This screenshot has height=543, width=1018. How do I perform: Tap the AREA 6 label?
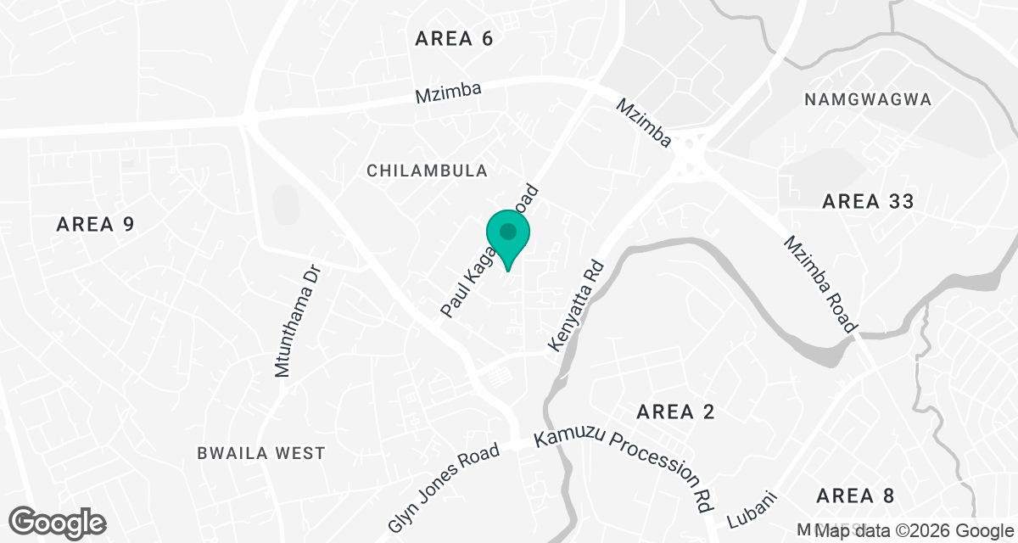[x=454, y=38]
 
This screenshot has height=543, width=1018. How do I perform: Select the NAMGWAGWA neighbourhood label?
[x=868, y=99]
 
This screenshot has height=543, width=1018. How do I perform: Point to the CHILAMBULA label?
[x=427, y=171]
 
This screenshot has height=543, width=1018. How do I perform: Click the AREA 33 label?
[x=868, y=201]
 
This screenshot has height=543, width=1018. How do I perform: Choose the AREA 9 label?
[x=96, y=224]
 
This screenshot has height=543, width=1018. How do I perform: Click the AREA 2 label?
[x=675, y=412]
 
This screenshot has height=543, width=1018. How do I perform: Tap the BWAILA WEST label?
[x=260, y=453]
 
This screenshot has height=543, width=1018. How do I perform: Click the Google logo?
[x=57, y=521]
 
